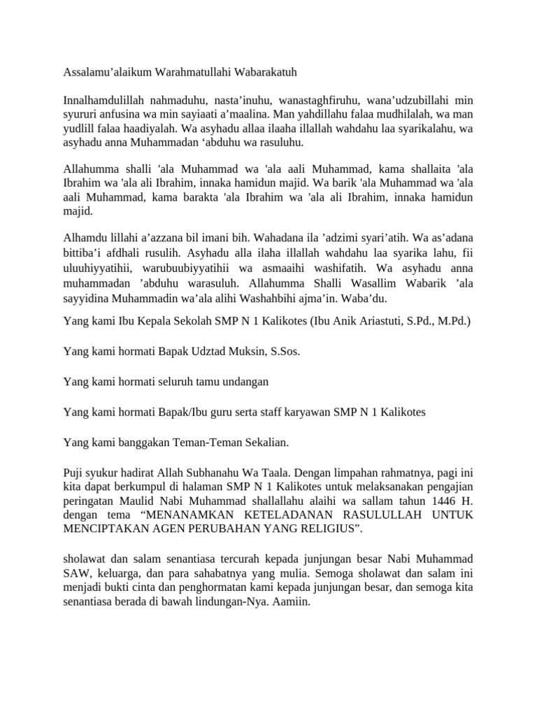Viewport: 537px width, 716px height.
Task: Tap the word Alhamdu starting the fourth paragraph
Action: click(83, 236)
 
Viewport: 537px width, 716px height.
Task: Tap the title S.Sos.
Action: click(284, 352)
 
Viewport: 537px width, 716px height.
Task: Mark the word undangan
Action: click(244, 382)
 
